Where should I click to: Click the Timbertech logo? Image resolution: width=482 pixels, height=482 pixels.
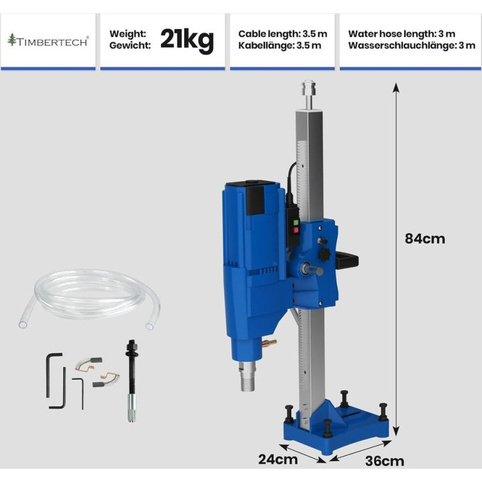click(48, 40)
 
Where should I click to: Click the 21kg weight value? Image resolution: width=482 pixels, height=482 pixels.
click(187, 40)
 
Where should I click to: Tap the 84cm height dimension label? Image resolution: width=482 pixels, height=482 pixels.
click(425, 239)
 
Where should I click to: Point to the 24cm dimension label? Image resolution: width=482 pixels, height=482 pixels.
click(278, 459)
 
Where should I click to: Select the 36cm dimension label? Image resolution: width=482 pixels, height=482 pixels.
click(384, 461)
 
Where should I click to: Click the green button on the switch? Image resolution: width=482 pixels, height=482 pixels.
click(296, 223)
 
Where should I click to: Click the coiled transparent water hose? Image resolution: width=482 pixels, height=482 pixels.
click(89, 299)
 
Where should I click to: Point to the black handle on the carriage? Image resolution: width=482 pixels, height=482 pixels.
click(348, 260)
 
